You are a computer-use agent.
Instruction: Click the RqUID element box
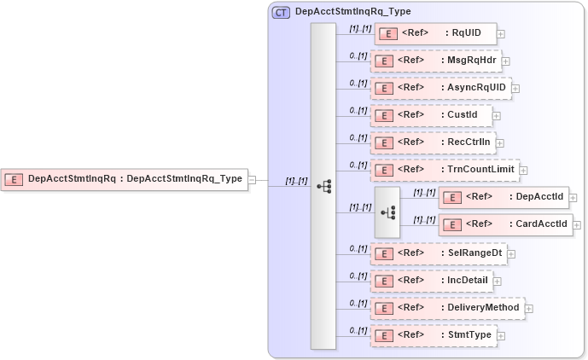click(434, 33)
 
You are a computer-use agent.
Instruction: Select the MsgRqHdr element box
click(434, 61)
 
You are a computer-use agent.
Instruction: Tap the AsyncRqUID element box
click(440, 88)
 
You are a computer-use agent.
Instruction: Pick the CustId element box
click(431, 114)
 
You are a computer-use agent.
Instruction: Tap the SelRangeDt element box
click(437, 253)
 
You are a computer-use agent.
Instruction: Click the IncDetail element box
click(431, 280)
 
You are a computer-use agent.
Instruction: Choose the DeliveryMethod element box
click(447, 307)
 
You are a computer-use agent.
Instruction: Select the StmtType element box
click(434, 335)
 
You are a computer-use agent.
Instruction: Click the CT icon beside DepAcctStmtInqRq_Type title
click(280, 13)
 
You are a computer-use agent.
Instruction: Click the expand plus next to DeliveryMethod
click(528, 308)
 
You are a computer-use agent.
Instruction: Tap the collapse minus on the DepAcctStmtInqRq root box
click(252, 179)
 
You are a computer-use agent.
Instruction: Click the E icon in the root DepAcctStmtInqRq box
click(14, 179)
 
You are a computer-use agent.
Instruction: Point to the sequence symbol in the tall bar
click(323, 186)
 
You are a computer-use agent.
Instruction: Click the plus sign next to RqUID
click(501, 34)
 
